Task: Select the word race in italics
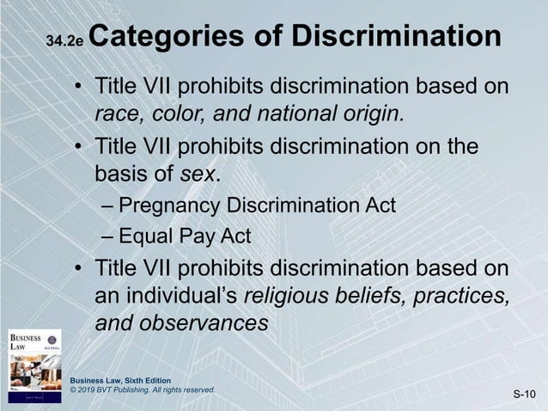[x=113, y=114]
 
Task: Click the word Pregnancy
[x=168, y=206]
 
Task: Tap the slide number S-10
[x=525, y=395]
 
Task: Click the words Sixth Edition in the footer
[x=146, y=380]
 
